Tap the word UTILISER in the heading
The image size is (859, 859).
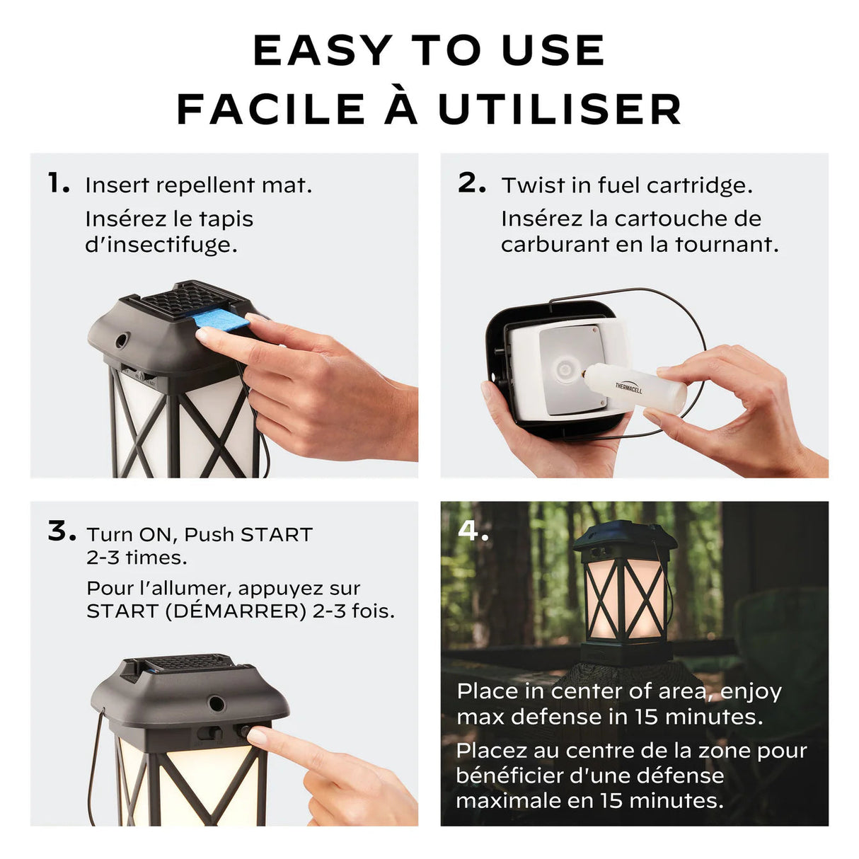560,110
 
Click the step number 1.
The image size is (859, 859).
59,183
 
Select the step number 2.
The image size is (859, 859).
471,183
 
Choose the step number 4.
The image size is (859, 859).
473,531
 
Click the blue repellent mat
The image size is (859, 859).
217,319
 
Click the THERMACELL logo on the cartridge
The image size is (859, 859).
628,387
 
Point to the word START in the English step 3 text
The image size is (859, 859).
277,535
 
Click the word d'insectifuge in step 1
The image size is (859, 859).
161,245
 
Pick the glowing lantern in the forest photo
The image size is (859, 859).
625,593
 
